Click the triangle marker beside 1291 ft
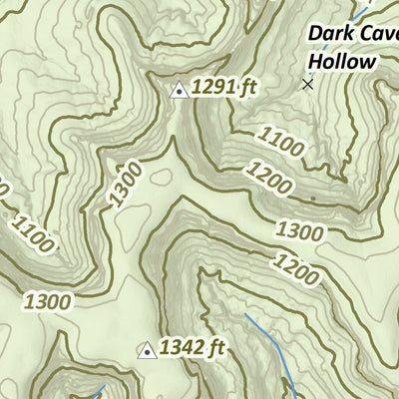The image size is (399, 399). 179,90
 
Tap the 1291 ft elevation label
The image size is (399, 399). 224,88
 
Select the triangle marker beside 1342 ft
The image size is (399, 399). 147,349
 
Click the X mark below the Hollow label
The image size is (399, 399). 307,85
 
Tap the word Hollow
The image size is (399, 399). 342,61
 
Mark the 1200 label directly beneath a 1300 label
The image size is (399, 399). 296,266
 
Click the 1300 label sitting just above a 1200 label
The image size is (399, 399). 300,232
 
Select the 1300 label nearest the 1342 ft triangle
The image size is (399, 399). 47,299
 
